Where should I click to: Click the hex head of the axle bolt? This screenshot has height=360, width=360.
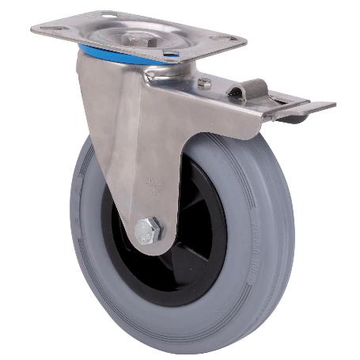click(x=148, y=232)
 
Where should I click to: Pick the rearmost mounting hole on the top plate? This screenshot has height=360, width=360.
click(x=107, y=15)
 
